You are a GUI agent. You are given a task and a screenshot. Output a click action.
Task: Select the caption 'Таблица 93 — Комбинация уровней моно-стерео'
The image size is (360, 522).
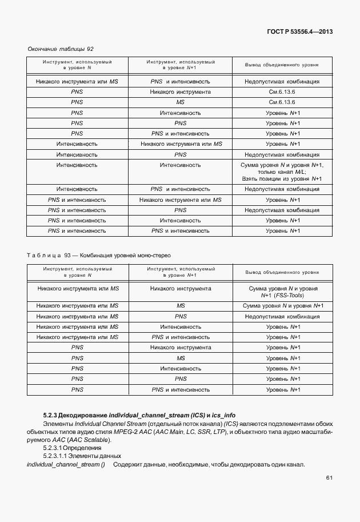pos(99,255)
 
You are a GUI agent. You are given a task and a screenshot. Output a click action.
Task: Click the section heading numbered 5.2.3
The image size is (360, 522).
pos(139,415)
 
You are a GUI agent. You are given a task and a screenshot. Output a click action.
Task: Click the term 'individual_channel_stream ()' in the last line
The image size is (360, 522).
pos(66,464)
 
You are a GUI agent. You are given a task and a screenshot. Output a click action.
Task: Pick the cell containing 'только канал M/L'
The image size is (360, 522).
pos(282,172)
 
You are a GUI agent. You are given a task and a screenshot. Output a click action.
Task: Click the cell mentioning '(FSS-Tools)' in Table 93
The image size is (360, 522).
pos(282,296)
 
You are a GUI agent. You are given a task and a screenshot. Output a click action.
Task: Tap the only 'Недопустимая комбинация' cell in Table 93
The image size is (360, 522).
pos(282,316)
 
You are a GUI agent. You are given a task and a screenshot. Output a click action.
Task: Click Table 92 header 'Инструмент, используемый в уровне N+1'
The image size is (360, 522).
pos(181,65)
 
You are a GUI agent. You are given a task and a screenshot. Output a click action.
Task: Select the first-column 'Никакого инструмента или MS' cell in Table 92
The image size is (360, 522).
pos(77,82)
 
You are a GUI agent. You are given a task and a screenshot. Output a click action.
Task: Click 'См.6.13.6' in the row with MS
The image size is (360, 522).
pos(282,102)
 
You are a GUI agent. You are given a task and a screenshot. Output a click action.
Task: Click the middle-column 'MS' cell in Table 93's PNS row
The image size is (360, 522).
pos(181,358)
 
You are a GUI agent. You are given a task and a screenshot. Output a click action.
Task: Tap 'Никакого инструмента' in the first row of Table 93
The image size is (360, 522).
pos(181,289)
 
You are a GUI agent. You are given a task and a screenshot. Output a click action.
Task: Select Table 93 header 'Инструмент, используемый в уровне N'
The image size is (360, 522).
pos(77,272)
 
